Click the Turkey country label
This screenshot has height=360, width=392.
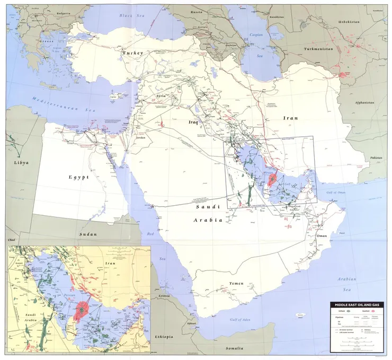pos(132,53)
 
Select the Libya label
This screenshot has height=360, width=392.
pos(21,162)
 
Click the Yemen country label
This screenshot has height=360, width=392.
pos(236,284)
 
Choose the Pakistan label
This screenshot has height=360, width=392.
pos(377,158)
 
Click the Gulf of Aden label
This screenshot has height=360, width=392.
pos(240,320)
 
